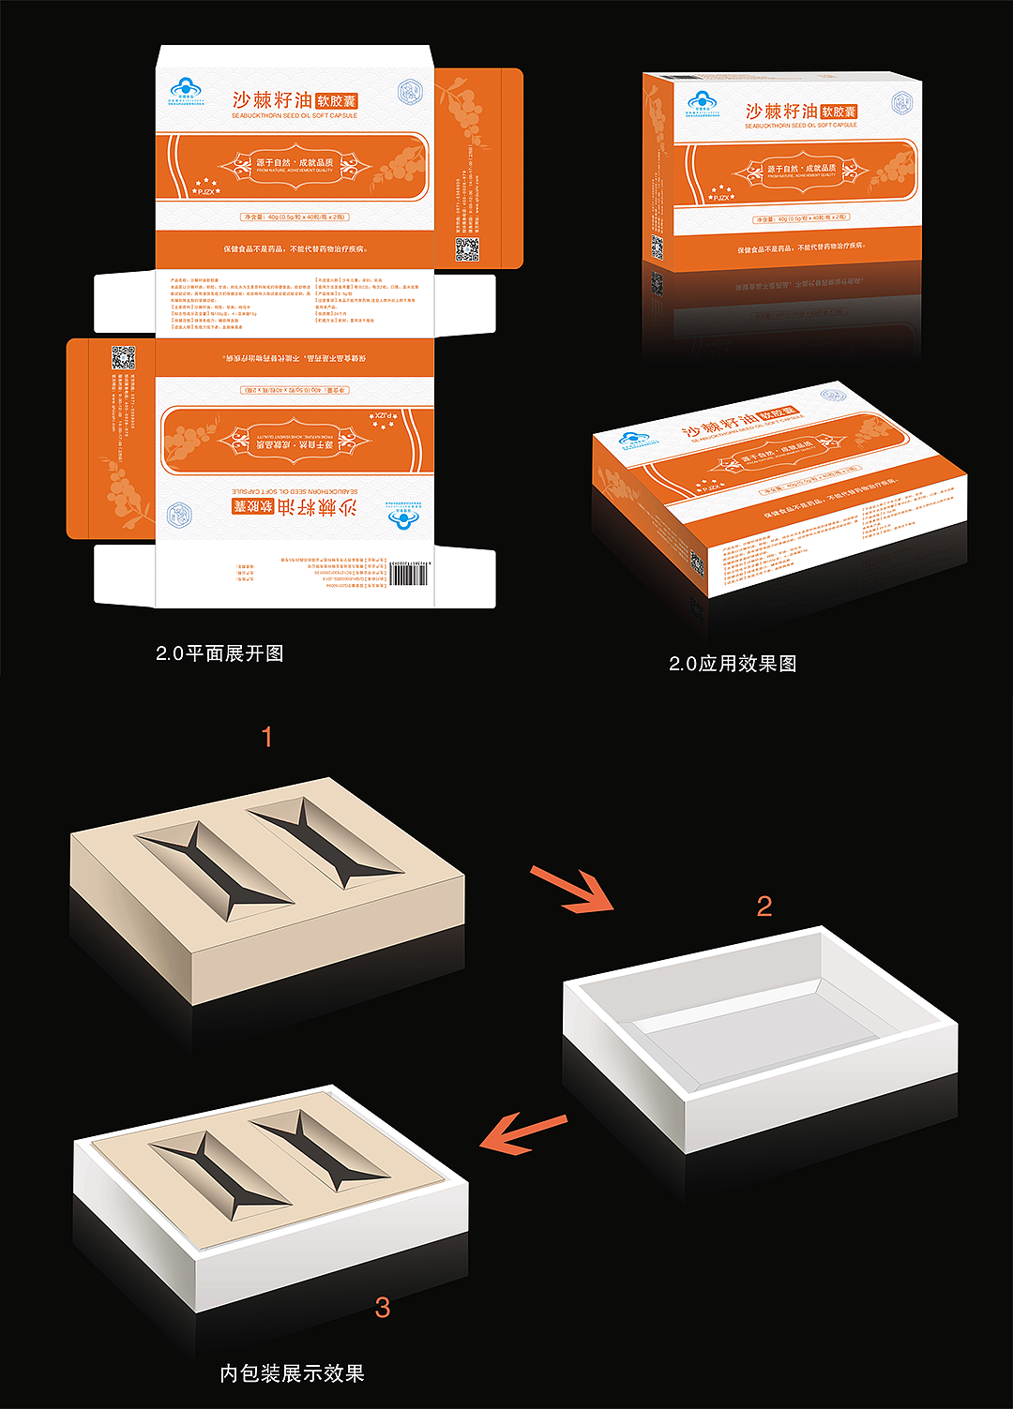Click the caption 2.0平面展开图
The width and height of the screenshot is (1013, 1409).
219,653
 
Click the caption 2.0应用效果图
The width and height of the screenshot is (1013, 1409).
733,664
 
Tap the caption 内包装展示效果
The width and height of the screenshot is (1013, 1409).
292,1373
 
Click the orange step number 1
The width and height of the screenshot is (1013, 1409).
267,737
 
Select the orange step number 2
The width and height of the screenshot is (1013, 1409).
764,906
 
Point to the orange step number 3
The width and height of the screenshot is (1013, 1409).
382,1307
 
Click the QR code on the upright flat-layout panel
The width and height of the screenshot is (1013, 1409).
467,249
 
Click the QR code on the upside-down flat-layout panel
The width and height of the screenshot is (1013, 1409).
123,357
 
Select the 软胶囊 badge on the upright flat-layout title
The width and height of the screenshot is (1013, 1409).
337,100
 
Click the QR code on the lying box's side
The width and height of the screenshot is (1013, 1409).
697,562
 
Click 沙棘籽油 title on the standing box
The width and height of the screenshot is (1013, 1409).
780,112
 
